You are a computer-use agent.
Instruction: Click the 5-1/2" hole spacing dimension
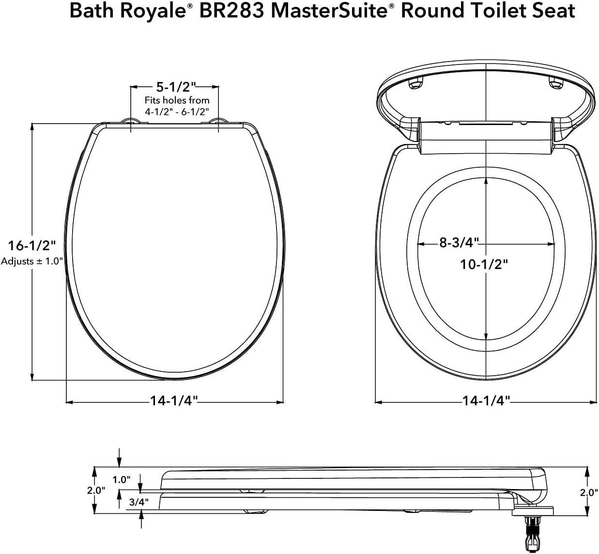point(175,87)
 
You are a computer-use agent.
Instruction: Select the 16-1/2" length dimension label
point(32,245)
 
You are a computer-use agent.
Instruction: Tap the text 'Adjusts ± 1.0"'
point(32,261)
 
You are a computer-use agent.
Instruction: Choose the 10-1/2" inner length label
point(484,265)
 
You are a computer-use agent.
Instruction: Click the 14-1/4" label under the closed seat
point(174,401)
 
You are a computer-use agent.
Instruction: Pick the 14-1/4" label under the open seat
point(486,401)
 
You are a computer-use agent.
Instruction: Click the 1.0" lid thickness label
point(122,479)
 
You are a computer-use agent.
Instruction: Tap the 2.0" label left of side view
point(96,491)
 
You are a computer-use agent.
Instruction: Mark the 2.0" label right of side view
point(588,492)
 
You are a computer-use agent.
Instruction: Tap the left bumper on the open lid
point(415,84)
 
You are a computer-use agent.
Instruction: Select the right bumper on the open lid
point(554,84)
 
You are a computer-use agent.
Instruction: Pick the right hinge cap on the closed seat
point(218,121)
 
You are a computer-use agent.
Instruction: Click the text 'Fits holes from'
point(177,100)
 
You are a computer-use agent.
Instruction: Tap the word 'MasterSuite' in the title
point(329,11)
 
